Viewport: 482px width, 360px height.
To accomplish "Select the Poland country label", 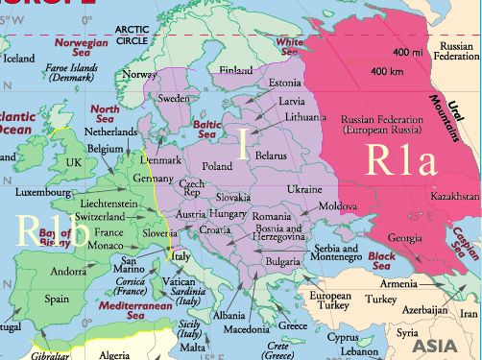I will tap(217, 165).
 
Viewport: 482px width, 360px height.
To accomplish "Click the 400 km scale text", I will tap(386, 71).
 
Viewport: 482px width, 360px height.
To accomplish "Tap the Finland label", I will tap(236, 70).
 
